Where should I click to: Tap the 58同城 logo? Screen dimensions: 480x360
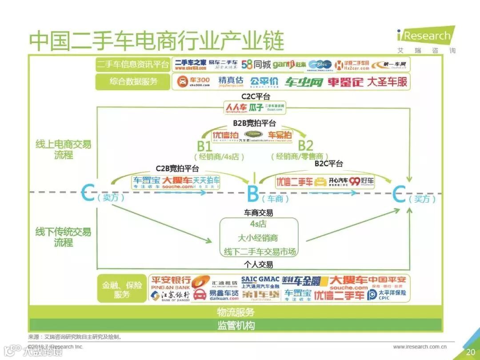point(256,65)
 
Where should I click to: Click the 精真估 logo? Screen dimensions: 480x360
point(231,82)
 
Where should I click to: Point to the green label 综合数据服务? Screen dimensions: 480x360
point(133,82)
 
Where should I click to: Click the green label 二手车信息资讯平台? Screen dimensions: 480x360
point(133,65)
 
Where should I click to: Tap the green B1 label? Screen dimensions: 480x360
point(204,145)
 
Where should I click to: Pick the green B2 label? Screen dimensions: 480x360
point(305,145)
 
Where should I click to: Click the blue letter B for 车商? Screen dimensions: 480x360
point(252,194)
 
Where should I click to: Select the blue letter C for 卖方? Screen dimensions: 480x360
point(88,194)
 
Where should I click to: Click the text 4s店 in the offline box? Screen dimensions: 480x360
point(258,224)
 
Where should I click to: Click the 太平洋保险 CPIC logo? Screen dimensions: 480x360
point(387,295)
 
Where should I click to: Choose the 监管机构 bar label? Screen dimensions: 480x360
point(236,325)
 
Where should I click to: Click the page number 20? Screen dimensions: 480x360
point(471,352)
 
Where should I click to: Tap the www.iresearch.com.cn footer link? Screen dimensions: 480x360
point(420,347)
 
